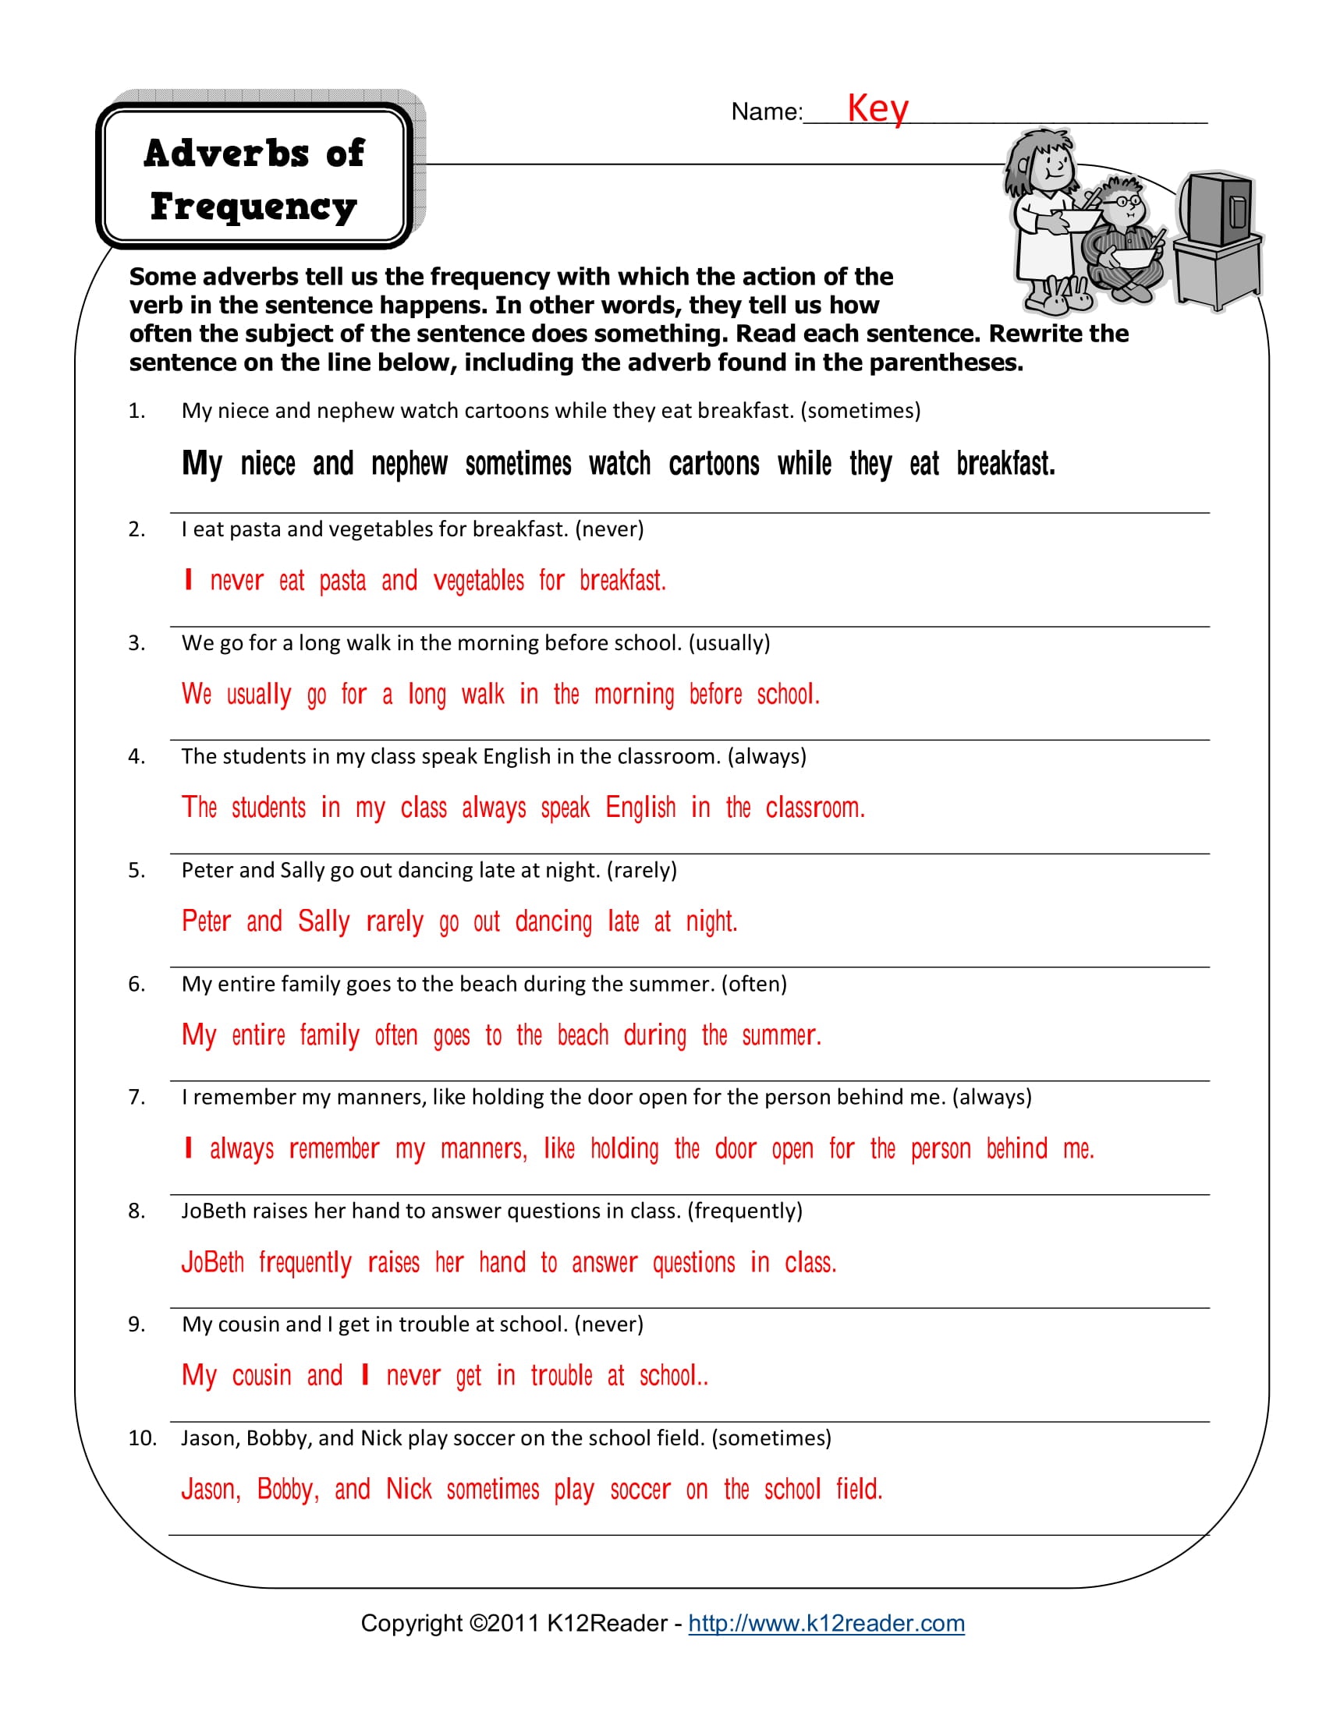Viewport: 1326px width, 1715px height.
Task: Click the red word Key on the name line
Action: pos(877,108)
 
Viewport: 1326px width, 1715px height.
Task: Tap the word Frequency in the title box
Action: pos(253,207)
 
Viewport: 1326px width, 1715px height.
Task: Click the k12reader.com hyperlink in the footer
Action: pos(825,1623)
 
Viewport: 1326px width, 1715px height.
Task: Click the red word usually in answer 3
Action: pos(258,695)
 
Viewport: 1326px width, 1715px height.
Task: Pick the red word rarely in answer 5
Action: pos(395,922)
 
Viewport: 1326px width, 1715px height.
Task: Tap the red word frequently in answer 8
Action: pos(305,1263)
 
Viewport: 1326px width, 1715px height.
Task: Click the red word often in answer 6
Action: pos(396,1036)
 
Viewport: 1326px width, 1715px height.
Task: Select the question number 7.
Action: pos(136,1097)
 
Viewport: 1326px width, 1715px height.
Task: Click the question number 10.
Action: pos(142,1437)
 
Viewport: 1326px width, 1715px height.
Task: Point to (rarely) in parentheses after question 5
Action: pos(642,870)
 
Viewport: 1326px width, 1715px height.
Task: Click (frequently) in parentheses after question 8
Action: pos(745,1211)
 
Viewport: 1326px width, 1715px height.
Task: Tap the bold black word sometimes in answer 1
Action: pos(518,464)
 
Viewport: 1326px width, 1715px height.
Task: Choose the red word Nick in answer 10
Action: pos(409,1490)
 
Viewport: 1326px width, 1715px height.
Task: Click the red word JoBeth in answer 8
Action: pos(213,1263)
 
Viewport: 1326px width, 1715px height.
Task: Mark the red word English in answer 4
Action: pos(640,808)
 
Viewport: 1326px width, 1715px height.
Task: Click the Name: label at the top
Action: pos(767,112)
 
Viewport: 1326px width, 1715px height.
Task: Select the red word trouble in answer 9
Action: pos(561,1376)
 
